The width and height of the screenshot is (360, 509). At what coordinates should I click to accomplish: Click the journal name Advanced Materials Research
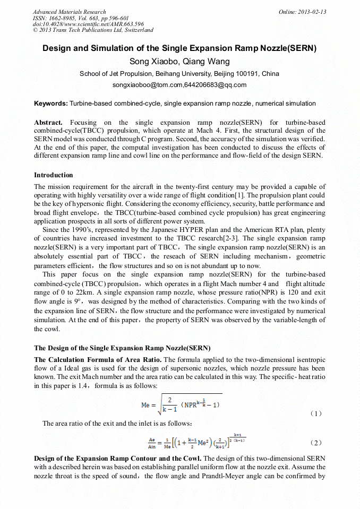(x=69, y=12)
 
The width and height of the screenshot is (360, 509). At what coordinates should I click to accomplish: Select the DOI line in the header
(x=88, y=24)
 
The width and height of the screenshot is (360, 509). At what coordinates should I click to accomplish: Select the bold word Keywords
(x=50, y=103)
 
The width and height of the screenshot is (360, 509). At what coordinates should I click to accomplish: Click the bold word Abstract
(x=48, y=123)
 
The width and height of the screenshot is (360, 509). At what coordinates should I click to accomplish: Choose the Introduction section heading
(x=54, y=175)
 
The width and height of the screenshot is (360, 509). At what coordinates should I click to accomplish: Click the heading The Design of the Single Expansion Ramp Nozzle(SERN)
(x=122, y=348)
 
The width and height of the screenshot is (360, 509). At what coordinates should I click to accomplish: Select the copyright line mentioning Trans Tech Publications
(x=93, y=30)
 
